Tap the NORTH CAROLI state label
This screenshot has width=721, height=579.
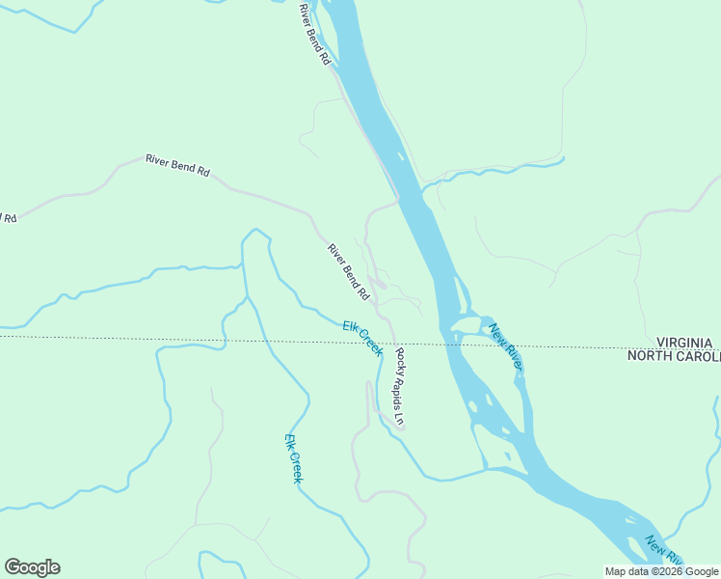tap(674, 356)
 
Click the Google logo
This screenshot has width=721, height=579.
tap(32, 567)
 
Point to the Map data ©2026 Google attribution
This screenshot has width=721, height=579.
tap(661, 571)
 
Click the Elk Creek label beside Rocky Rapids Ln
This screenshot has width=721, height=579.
tap(362, 338)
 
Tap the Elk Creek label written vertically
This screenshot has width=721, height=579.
tap(294, 458)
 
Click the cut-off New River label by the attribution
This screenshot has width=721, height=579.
tap(664, 551)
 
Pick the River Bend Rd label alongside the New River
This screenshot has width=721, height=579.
tap(314, 35)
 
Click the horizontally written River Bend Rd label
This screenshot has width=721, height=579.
tap(177, 165)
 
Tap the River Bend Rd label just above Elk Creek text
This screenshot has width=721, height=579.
tap(347, 271)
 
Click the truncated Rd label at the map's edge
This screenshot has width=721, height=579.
tap(9, 218)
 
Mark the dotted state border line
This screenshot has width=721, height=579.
tap(193, 340)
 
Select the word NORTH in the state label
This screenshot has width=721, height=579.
tap(652, 356)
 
